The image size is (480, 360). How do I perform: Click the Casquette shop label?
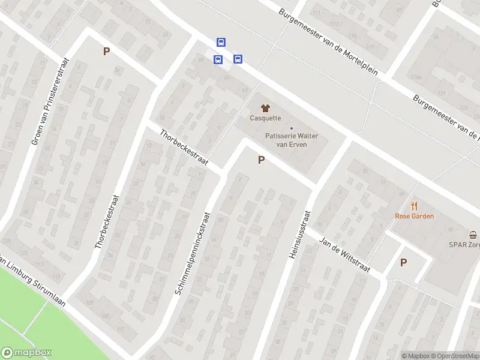click(265, 118)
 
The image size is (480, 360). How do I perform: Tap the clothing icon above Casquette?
click(265, 107)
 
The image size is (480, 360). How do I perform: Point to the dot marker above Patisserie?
click(292, 128)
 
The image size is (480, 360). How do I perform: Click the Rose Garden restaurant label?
click(414, 216)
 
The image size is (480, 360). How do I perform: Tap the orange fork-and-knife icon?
click(414, 205)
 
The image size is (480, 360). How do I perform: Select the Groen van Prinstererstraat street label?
click(50, 100)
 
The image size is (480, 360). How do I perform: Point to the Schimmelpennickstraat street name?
click(193, 253)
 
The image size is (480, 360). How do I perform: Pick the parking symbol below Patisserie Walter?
click(261, 160)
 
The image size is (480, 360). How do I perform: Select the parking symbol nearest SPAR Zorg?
click(403, 262)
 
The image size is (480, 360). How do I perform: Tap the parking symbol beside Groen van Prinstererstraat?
click(106, 51)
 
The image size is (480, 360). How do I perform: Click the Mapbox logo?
click(26, 353)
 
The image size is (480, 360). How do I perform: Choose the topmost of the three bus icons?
click(221, 42)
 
